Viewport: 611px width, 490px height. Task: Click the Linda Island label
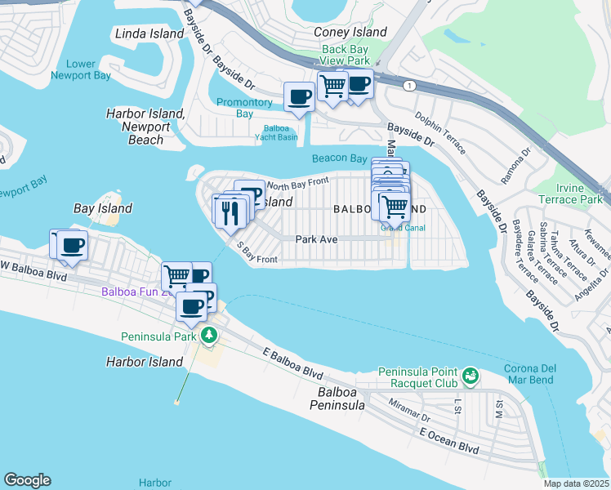pyautogui.click(x=145, y=34)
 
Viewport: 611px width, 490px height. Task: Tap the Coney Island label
pyautogui.click(x=350, y=32)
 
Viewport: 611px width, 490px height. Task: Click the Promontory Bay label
pyautogui.click(x=243, y=108)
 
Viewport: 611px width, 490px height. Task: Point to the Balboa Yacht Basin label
pyautogui.click(x=280, y=132)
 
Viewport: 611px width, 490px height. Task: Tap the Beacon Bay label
pyautogui.click(x=339, y=158)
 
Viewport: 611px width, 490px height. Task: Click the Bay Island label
pyautogui.click(x=102, y=208)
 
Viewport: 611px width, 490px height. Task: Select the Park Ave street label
pyautogui.click(x=316, y=239)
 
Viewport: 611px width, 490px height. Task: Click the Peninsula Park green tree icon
pyautogui.click(x=209, y=335)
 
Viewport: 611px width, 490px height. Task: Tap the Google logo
pyautogui.click(x=27, y=480)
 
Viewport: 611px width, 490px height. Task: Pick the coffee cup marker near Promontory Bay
pyautogui.click(x=299, y=97)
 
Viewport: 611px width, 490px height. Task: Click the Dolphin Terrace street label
pyautogui.click(x=439, y=133)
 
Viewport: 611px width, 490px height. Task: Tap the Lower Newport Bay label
pyautogui.click(x=80, y=69)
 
